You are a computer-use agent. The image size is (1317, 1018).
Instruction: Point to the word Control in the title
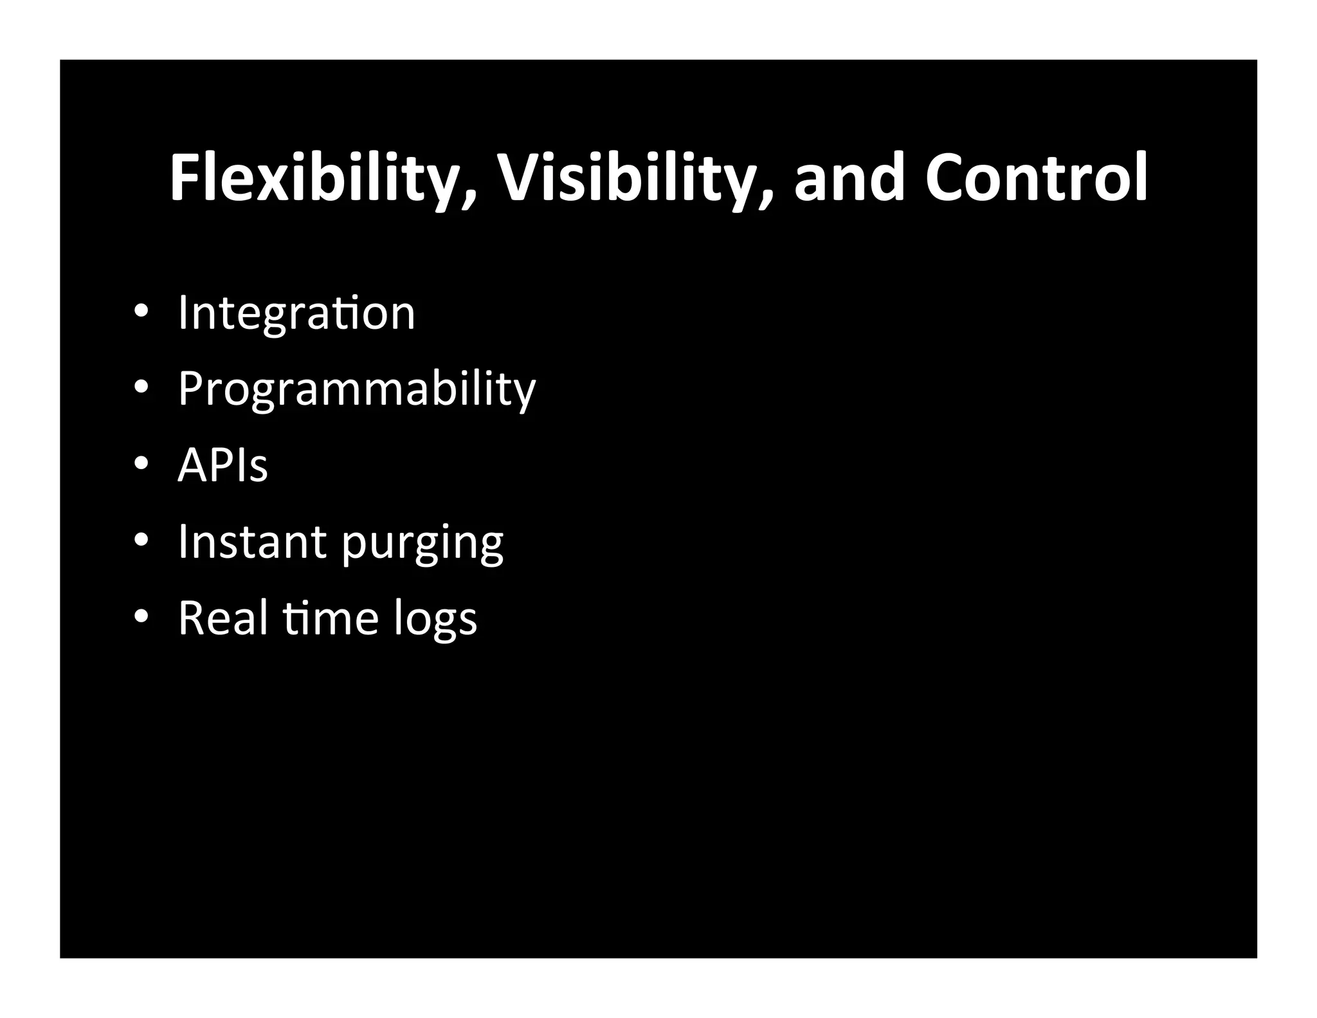pos(1037,178)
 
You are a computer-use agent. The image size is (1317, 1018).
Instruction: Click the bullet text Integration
pos(296,313)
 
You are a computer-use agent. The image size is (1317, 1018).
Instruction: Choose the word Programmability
pos(356,389)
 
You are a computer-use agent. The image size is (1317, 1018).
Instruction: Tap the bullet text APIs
pos(223,465)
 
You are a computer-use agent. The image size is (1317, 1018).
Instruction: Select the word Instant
pos(252,541)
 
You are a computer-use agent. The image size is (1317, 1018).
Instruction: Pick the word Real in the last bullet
pos(223,617)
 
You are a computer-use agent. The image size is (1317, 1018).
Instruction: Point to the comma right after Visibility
pos(763,199)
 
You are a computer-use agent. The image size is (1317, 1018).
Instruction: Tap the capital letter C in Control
pos(947,178)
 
